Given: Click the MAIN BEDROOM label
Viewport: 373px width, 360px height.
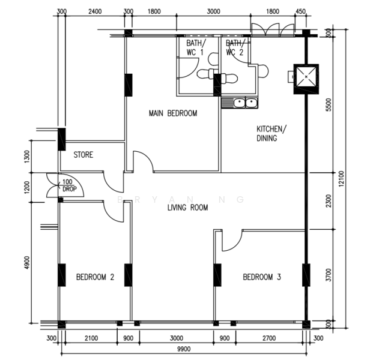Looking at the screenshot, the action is point(173,113).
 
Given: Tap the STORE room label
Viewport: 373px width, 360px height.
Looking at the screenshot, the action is point(83,155).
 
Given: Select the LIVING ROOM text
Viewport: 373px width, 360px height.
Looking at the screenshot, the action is point(187,208).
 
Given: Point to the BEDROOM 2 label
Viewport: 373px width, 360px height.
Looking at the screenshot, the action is point(95,277).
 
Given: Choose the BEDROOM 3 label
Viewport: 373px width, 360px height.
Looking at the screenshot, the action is point(262,277).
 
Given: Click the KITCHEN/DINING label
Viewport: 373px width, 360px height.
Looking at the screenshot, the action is point(271,134).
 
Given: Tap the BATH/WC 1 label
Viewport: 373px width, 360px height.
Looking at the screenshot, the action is point(196,47).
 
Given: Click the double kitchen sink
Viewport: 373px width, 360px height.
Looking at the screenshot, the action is point(245,103).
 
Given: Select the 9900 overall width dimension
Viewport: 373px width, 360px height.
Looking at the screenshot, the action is point(184,349).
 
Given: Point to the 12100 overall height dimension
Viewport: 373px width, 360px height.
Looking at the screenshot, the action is point(341,179).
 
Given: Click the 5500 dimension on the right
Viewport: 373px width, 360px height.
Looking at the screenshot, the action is point(329,104).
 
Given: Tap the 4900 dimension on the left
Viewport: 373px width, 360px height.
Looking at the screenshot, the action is point(28,263).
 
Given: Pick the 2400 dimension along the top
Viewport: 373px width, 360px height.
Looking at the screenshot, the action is point(95,11).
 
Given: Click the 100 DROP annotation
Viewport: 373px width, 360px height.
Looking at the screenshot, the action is point(69,185).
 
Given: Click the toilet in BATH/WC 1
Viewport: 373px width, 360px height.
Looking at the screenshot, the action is point(206,74).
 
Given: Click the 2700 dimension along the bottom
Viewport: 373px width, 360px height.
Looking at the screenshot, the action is point(269,338).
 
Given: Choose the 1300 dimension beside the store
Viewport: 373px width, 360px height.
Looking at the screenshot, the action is point(28,157).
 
